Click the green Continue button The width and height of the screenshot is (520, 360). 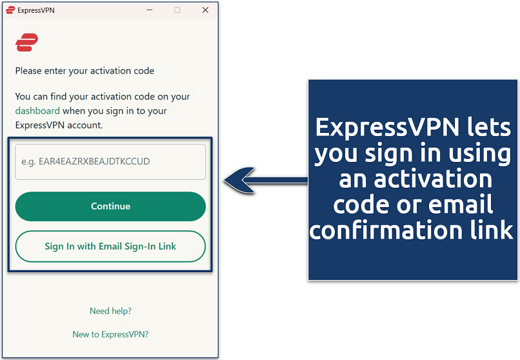point(110,206)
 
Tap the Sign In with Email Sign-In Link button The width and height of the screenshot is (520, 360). point(110,246)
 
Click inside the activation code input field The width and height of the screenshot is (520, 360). point(110,161)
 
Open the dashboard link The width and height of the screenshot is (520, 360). point(37,111)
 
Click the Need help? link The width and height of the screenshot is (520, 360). point(110,311)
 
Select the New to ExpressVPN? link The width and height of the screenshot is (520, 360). point(110,334)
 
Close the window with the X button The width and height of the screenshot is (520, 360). point(205,10)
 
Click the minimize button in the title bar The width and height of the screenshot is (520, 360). point(149,10)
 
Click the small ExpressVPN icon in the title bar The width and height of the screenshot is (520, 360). point(10,10)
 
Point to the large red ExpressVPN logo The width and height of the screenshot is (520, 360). point(26,43)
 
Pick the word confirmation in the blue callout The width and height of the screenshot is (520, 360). point(385,230)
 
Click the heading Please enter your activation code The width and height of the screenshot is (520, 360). point(85,70)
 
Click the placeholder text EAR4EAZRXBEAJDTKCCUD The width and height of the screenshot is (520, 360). point(94,161)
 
